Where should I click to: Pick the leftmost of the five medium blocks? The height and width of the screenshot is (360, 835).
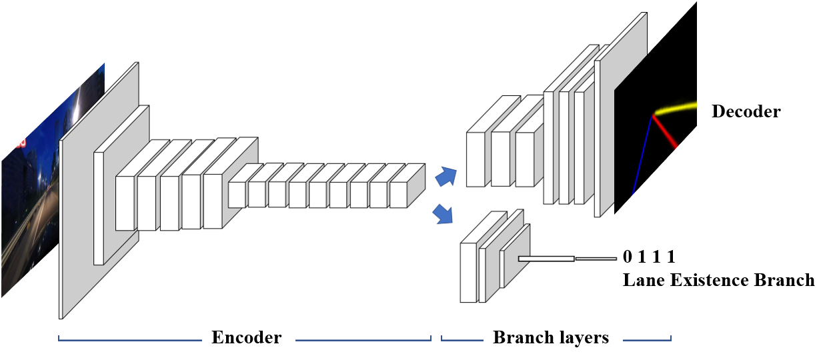(125, 203)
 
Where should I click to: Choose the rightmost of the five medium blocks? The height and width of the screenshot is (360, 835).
(213, 201)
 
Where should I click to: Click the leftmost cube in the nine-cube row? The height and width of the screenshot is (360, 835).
(237, 194)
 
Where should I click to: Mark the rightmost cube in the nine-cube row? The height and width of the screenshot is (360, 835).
(399, 194)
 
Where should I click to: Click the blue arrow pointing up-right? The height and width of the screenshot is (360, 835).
(446, 177)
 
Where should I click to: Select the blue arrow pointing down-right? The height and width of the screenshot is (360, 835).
(443, 215)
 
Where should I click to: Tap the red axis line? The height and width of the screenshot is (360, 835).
(666, 131)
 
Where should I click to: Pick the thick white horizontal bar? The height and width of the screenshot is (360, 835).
(546, 259)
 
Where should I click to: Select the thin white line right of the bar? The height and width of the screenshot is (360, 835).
(596, 259)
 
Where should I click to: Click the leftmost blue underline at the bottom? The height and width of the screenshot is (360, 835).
(130, 340)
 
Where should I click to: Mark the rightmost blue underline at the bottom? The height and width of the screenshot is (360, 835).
(647, 340)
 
